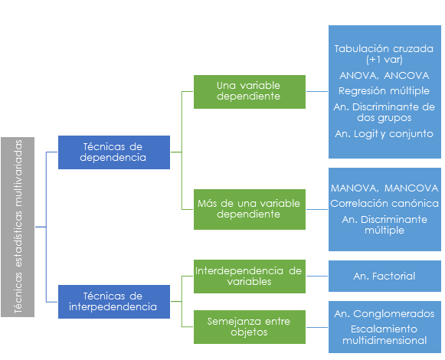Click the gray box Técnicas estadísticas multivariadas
tap(18, 227)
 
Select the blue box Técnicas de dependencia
tap(114, 152)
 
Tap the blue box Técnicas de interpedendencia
tap(114, 302)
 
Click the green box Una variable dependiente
tap(250, 92)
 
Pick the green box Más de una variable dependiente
tap(250, 209)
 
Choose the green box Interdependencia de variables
tap(250, 277)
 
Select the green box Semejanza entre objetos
tap(250, 327)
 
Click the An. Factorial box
tap(384, 276)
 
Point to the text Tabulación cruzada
tap(384, 49)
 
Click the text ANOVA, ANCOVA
tap(384, 76)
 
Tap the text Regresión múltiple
tap(384, 91)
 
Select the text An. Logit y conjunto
tap(384, 134)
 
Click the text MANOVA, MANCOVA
tap(384, 188)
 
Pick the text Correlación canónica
tap(384, 203)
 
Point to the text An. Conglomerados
tap(384, 314)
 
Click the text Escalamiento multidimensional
tap(384, 335)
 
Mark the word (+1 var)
tap(384, 60)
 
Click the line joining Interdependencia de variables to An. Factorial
tap(317, 276)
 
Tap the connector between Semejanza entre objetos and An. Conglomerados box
tap(317, 327)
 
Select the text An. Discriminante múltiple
tap(384, 224)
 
